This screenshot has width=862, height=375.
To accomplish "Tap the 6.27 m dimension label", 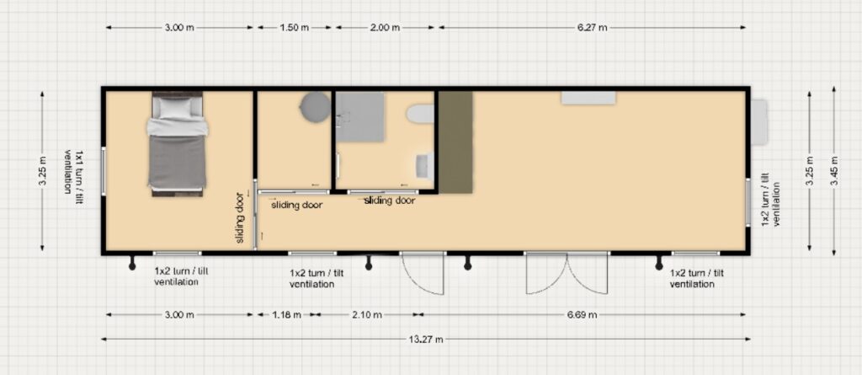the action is point(592,28).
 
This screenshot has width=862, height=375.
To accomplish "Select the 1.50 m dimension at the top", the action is point(294,28).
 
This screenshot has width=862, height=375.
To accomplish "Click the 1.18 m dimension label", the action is point(286,315).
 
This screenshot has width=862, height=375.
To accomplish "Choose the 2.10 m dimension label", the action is point(367,315).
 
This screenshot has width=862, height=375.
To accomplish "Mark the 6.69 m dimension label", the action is point(582,315).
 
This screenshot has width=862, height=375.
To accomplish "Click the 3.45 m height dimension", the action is point(834,171).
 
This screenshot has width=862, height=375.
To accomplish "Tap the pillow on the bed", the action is point(176,107).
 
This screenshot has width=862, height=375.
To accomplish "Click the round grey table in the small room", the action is point(316,106).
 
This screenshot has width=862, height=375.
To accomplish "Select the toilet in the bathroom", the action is point(421,115).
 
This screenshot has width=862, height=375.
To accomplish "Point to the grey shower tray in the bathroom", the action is point(360,117).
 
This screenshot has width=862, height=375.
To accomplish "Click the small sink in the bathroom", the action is point(424,166).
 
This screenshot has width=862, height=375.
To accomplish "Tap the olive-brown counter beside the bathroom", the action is point(455,142).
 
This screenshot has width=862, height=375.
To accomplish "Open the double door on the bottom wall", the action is point(567,272).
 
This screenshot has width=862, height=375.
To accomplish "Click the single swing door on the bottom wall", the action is point(423,273).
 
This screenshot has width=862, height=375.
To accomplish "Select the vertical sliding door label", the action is point(240,218).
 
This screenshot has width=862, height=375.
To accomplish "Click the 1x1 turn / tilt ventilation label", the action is point(74,171).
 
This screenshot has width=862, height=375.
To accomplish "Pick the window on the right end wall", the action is point(748,201).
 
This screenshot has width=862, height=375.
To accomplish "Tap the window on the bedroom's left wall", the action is point(104,171).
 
